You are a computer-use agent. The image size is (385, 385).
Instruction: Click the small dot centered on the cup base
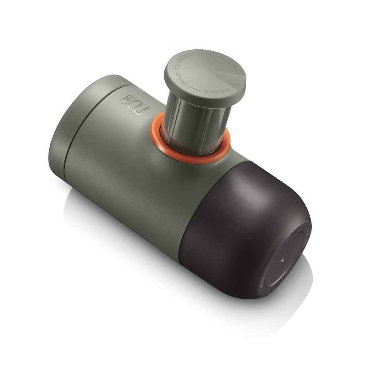click(283, 259)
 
